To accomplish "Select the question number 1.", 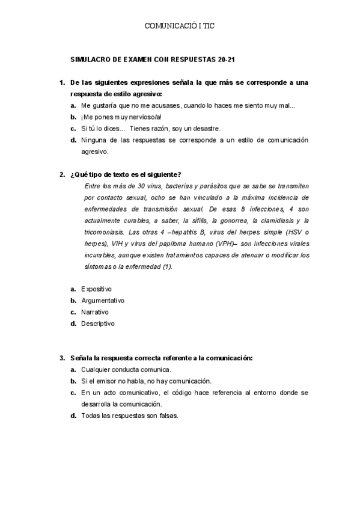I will (61, 82).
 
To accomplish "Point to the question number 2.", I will (61, 175).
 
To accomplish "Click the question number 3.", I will (61, 358).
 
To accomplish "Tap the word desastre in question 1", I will (206, 129).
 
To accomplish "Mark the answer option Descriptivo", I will (97, 324).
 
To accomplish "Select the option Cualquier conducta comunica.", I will (126, 370).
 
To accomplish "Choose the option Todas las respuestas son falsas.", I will (130, 416).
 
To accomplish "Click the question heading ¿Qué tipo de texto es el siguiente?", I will (126, 175).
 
